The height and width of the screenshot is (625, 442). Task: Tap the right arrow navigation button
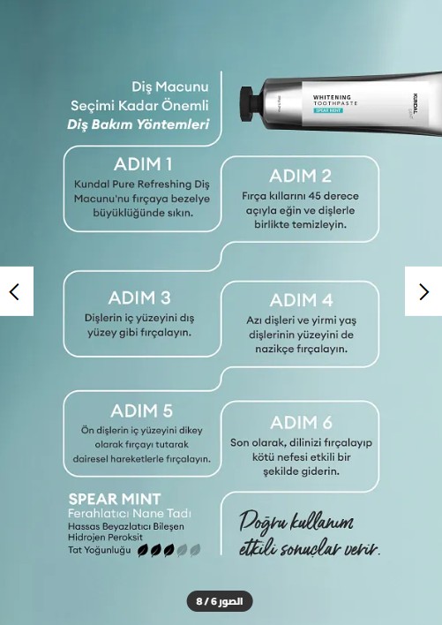(423, 291)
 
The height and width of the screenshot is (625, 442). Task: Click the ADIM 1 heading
(143, 164)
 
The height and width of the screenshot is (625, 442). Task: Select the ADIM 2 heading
(300, 177)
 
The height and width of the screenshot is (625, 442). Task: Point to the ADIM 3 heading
(139, 297)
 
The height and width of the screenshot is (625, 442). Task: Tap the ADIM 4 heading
(302, 300)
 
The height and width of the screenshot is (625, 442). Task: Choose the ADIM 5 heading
(142, 411)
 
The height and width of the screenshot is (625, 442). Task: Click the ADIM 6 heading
(302, 423)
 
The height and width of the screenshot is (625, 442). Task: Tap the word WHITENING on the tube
(332, 97)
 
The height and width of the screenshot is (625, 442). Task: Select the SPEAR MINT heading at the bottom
(115, 499)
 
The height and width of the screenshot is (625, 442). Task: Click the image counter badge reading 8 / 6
(220, 601)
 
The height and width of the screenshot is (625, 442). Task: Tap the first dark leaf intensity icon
(143, 551)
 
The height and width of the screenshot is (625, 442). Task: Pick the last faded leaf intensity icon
(195, 551)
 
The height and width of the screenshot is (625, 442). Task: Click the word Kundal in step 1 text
(92, 184)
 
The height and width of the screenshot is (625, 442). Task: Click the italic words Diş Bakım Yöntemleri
(139, 124)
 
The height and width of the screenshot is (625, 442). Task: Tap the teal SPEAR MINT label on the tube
(328, 110)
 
